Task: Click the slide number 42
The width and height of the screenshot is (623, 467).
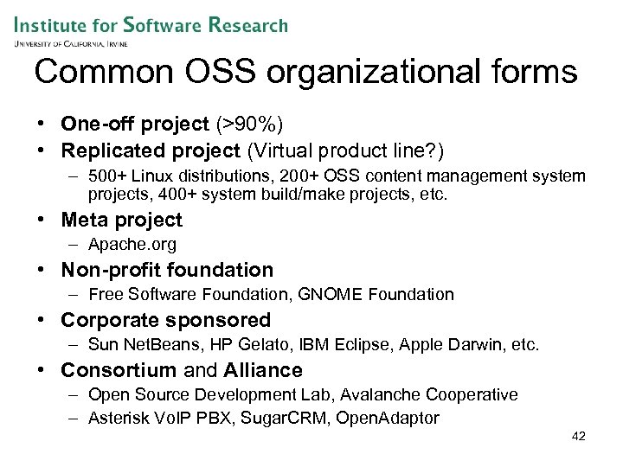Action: coord(579,437)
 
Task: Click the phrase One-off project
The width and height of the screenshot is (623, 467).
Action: coord(135,125)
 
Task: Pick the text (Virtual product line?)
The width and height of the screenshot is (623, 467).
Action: coord(345,151)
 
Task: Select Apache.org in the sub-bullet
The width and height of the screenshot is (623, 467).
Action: coord(132,245)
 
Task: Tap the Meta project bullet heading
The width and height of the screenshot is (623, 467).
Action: coord(121,220)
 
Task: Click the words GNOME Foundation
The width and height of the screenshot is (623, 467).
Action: coord(376,295)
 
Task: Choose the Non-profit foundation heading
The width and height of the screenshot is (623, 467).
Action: coord(166,270)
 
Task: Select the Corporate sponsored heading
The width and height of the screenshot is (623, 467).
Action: coord(165,320)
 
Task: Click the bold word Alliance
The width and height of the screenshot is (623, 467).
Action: coord(263,370)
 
